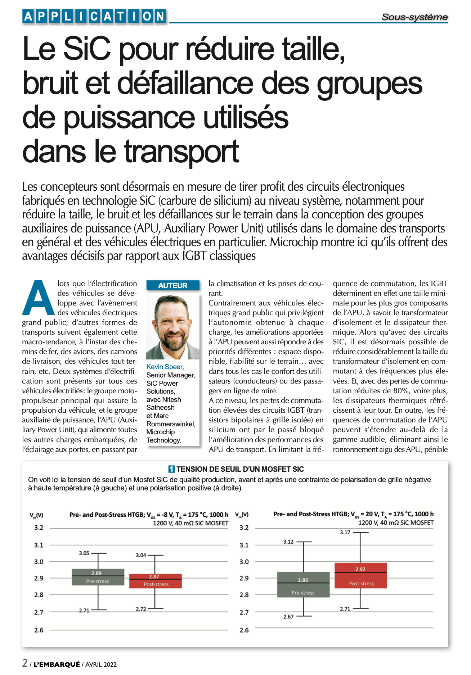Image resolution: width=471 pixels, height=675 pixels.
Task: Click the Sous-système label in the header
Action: click(x=414, y=17)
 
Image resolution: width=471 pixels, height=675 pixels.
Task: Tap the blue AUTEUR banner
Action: click(x=173, y=285)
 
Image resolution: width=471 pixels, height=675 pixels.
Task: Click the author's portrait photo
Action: click(x=173, y=327)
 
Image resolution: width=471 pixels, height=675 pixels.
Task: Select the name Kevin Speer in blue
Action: click(x=165, y=367)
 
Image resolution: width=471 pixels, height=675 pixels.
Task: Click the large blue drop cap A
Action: click(x=38, y=298)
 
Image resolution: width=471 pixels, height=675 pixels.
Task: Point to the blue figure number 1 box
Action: click(x=171, y=469)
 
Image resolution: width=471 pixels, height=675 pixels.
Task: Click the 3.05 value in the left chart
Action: click(x=84, y=553)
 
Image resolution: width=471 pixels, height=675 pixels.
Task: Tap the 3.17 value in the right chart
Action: click(x=345, y=532)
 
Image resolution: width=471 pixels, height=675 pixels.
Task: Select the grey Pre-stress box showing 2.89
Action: click(x=98, y=577)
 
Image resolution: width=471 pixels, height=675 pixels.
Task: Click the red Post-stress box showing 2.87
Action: click(x=156, y=581)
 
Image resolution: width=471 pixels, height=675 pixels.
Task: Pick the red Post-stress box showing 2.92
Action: click(x=361, y=576)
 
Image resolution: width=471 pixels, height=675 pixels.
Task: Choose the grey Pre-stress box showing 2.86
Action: click(x=303, y=585)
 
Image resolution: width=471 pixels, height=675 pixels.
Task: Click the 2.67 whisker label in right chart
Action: click(x=288, y=617)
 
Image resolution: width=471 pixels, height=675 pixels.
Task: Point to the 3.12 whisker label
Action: click(x=288, y=542)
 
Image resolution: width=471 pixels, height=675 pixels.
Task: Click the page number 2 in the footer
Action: click(x=25, y=663)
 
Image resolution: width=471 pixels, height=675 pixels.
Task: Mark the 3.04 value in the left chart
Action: click(x=141, y=555)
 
